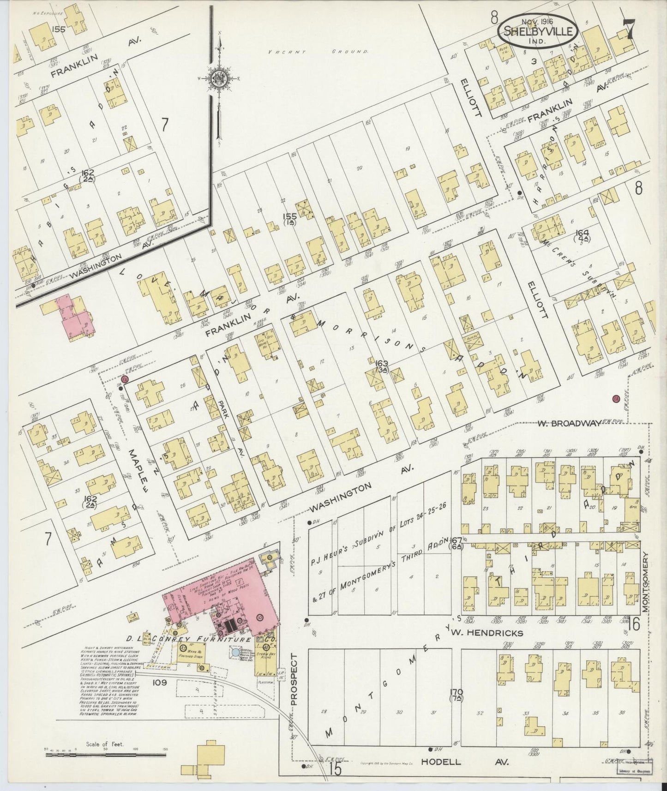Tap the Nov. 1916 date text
pyautogui.click(x=538, y=21)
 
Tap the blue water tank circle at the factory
pyautogui.click(x=236, y=652)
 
